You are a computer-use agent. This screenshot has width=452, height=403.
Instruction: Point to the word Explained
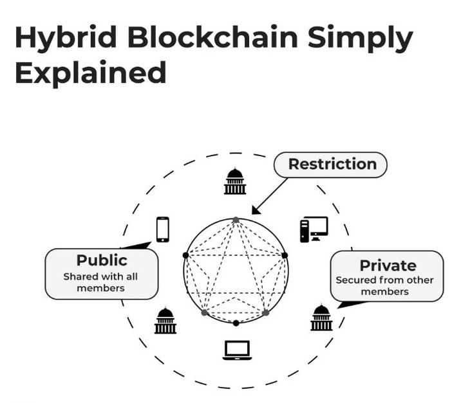[x=90, y=73]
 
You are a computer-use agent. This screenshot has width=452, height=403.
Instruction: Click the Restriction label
[x=332, y=164]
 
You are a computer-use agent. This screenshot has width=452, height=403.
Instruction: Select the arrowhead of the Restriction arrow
[x=255, y=210]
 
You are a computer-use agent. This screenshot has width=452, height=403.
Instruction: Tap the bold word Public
[x=102, y=260]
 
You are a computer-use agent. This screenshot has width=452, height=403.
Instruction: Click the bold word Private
[x=388, y=265]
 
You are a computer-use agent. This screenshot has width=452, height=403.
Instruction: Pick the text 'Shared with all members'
[x=100, y=282]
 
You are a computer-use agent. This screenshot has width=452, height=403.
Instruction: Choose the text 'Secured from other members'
[x=385, y=286]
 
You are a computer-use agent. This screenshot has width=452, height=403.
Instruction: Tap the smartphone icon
[x=163, y=229]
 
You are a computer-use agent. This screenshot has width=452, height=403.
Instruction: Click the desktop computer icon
[x=314, y=229]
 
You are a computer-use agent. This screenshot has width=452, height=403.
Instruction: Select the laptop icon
[x=236, y=350]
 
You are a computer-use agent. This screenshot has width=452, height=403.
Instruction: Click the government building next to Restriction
[x=235, y=181]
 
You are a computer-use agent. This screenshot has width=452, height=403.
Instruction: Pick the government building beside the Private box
[x=321, y=318]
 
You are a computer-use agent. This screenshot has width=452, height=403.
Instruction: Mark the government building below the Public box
[x=165, y=321]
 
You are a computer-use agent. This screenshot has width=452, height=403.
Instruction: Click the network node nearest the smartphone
[x=185, y=255]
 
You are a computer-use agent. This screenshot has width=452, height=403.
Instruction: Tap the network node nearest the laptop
[x=236, y=323]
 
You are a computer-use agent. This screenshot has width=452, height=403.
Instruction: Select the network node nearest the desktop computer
[x=285, y=255]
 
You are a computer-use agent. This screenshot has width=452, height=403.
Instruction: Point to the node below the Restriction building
[x=236, y=220]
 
